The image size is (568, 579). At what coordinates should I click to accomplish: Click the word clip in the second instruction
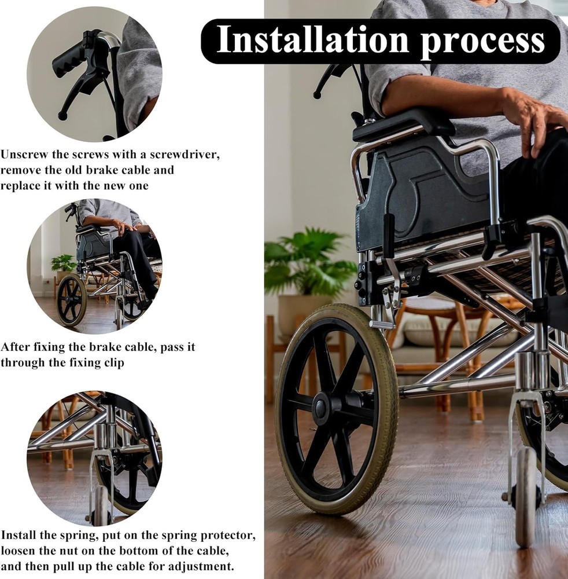point(112,362)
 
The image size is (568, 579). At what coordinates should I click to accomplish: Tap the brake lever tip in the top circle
point(62,116)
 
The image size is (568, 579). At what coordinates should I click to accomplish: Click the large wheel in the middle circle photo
point(71,299)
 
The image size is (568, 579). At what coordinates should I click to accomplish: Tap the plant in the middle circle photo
point(62,264)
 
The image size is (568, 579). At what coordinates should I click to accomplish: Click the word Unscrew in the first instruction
point(23,155)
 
